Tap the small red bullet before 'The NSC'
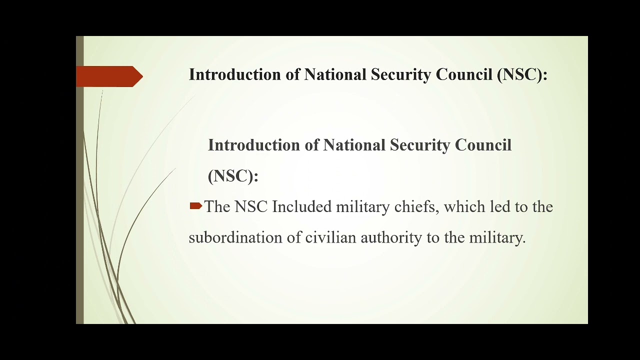(195, 206)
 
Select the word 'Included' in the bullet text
(302, 207)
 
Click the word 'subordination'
(235, 238)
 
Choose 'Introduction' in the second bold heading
(254, 145)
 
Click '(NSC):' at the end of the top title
(522, 75)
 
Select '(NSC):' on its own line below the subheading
(233, 176)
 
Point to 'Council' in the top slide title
(463, 75)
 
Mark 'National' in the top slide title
(335, 75)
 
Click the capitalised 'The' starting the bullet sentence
(217, 207)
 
